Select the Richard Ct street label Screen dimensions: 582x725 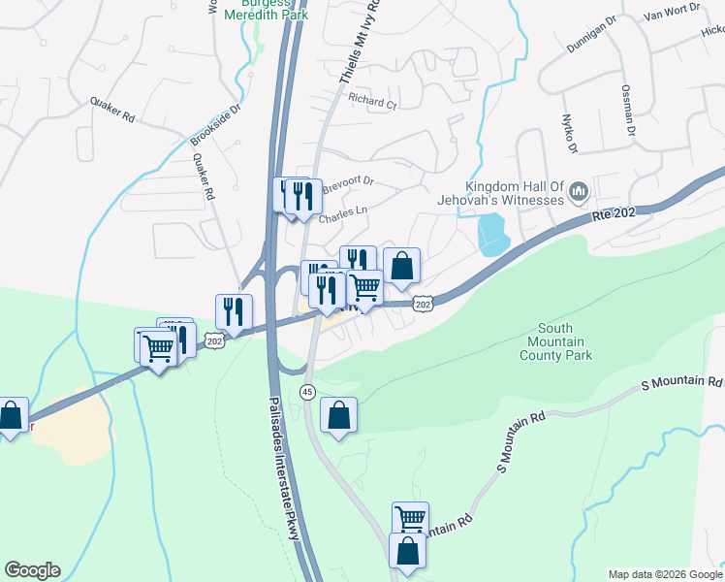[373, 101]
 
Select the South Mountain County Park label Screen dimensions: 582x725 [559, 342]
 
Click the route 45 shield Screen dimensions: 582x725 [307, 392]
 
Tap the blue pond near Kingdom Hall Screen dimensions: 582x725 [492, 234]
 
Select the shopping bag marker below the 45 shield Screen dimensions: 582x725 [338, 416]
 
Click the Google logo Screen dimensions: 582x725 [32, 570]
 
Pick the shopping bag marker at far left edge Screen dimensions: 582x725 [11, 416]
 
